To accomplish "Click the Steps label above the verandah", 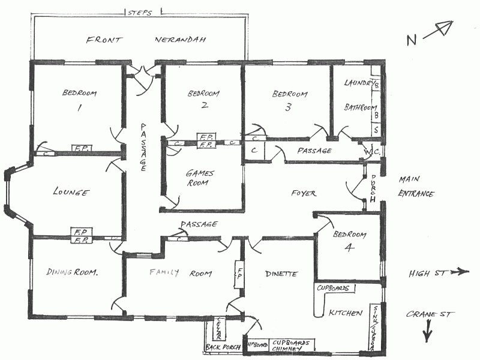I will (x=139, y=11).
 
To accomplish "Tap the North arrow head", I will (x=446, y=26).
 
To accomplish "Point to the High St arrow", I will (x=459, y=272).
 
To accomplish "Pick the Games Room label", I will (x=200, y=178).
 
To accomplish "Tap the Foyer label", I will (x=304, y=193).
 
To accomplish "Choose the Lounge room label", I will (x=71, y=193).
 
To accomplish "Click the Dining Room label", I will (x=72, y=272).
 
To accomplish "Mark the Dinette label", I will (x=281, y=274).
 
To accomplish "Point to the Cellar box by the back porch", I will (x=220, y=329).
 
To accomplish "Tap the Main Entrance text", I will (x=416, y=186).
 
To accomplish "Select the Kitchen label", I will (x=345, y=313).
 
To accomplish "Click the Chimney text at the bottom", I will (x=289, y=348).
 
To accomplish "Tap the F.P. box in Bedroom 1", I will (x=82, y=148).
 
